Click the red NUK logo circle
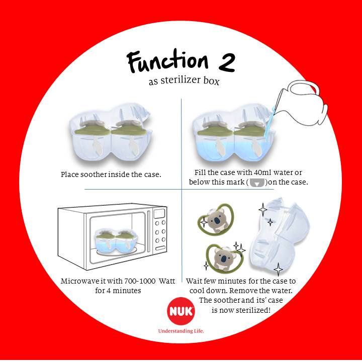coord(181,311)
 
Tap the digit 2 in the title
coord(227,62)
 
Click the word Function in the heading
coord(167,61)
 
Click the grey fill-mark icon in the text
coord(257,183)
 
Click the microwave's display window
coord(159,214)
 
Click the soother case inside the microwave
coord(116,241)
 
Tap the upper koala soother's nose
coord(217,221)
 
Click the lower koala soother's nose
coord(223,259)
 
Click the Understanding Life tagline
coord(181,331)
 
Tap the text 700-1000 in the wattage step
coord(140,281)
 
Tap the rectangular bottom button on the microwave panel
coord(160,248)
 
